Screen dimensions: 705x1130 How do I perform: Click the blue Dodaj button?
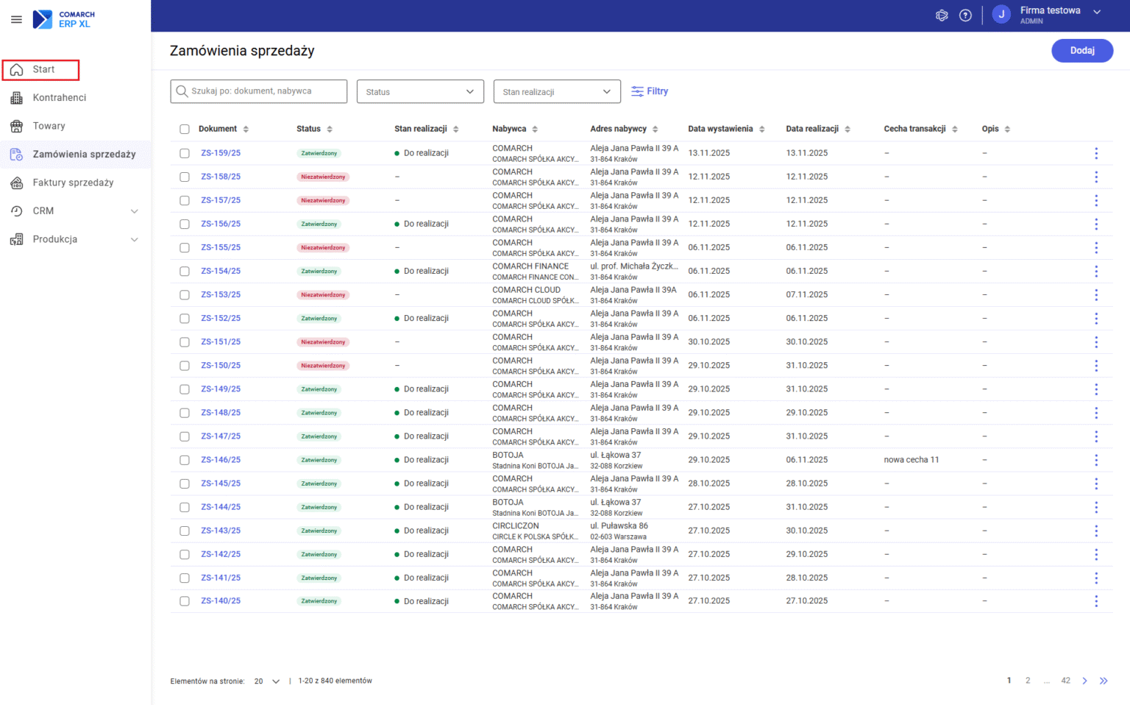pyautogui.click(x=1081, y=51)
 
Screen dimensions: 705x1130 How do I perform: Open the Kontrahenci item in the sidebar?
pyautogui.click(x=59, y=98)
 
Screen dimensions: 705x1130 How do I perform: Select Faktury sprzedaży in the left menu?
pyautogui.click(x=73, y=183)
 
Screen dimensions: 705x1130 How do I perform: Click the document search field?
pyautogui.click(x=258, y=91)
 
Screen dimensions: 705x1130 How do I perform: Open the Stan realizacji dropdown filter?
pyautogui.click(x=557, y=92)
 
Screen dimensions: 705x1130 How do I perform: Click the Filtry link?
pyautogui.click(x=650, y=91)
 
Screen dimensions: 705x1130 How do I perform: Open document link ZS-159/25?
pyautogui.click(x=221, y=153)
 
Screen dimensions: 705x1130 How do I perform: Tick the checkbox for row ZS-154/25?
pyautogui.click(x=185, y=272)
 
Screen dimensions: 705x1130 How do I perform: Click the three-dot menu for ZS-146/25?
pyautogui.click(x=1095, y=460)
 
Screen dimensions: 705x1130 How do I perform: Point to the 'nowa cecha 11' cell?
pyautogui.click(x=911, y=460)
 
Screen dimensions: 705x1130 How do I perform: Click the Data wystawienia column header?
pyautogui.click(x=720, y=129)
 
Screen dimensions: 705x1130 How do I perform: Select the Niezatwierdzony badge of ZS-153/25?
pyautogui.click(x=323, y=295)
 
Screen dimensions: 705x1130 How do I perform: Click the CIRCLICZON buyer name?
pyautogui.click(x=515, y=526)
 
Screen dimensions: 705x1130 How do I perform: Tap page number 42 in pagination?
pyautogui.click(x=1065, y=681)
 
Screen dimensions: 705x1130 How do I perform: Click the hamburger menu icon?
pyautogui.click(x=16, y=19)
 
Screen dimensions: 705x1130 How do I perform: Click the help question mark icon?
pyautogui.click(x=965, y=15)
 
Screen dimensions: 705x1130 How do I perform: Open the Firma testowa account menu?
pyautogui.click(x=1050, y=15)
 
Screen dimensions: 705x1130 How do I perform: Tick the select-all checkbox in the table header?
pyautogui.click(x=185, y=130)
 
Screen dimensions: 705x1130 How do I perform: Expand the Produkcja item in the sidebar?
pyautogui.click(x=74, y=239)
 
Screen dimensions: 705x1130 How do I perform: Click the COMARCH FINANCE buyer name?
pyautogui.click(x=530, y=266)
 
